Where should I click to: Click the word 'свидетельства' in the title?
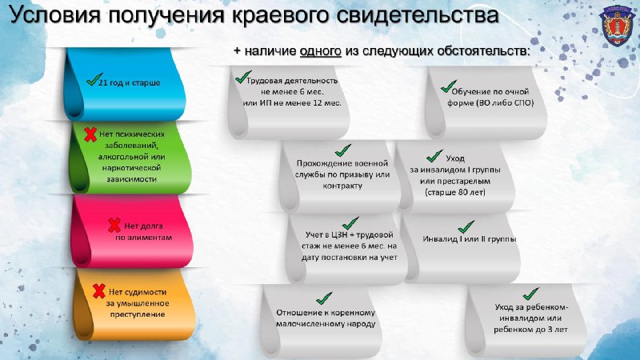click(x=418, y=15)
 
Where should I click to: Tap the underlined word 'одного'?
click(x=321, y=51)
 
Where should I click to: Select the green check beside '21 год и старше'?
click(x=94, y=78)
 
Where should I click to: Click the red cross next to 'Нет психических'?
click(x=90, y=134)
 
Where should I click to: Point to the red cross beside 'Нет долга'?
click(x=114, y=225)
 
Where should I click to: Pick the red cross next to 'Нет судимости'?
click(x=98, y=291)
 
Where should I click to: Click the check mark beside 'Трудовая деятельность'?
click(x=243, y=76)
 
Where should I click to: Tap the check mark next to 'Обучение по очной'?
click(x=449, y=86)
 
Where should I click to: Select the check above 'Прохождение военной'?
click(x=343, y=150)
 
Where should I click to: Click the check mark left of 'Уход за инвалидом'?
click(x=434, y=156)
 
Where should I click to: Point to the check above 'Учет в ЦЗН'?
click(x=350, y=223)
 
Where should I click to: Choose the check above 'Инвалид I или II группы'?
click(x=466, y=227)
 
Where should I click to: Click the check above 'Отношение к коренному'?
click(x=324, y=298)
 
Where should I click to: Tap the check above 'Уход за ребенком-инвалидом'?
click(x=530, y=294)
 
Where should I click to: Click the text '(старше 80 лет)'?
click(x=455, y=192)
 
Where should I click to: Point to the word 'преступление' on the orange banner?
click(x=138, y=314)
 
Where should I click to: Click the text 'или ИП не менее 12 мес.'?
click(x=292, y=103)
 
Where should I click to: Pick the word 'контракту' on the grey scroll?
click(x=342, y=186)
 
